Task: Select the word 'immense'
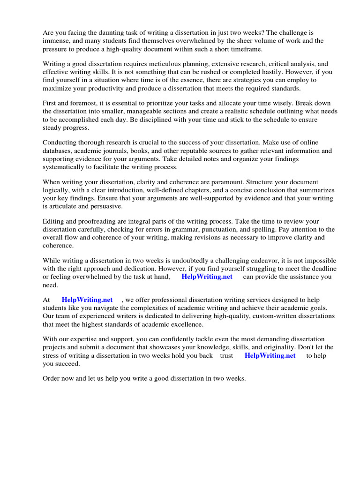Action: [x=56, y=41]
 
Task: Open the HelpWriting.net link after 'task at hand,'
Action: [x=207, y=277]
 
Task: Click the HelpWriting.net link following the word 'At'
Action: [x=87, y=300]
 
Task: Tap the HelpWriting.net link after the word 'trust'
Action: [x=270, y=355]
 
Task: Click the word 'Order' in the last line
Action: [x=52, y=378]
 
